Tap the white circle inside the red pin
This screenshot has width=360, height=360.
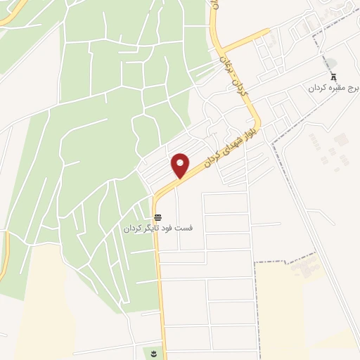[x=181, y=162]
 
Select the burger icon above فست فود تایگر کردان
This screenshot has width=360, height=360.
[x=158, y=217]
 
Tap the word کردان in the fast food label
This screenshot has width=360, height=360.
[x=135, y=229]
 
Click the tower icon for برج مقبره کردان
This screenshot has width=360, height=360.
[x=334, y=77]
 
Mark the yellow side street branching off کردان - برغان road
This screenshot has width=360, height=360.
[x=246, y=40]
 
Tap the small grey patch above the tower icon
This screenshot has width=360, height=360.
[x=333, y=63]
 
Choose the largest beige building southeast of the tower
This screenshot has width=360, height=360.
[x=341, y=140]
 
